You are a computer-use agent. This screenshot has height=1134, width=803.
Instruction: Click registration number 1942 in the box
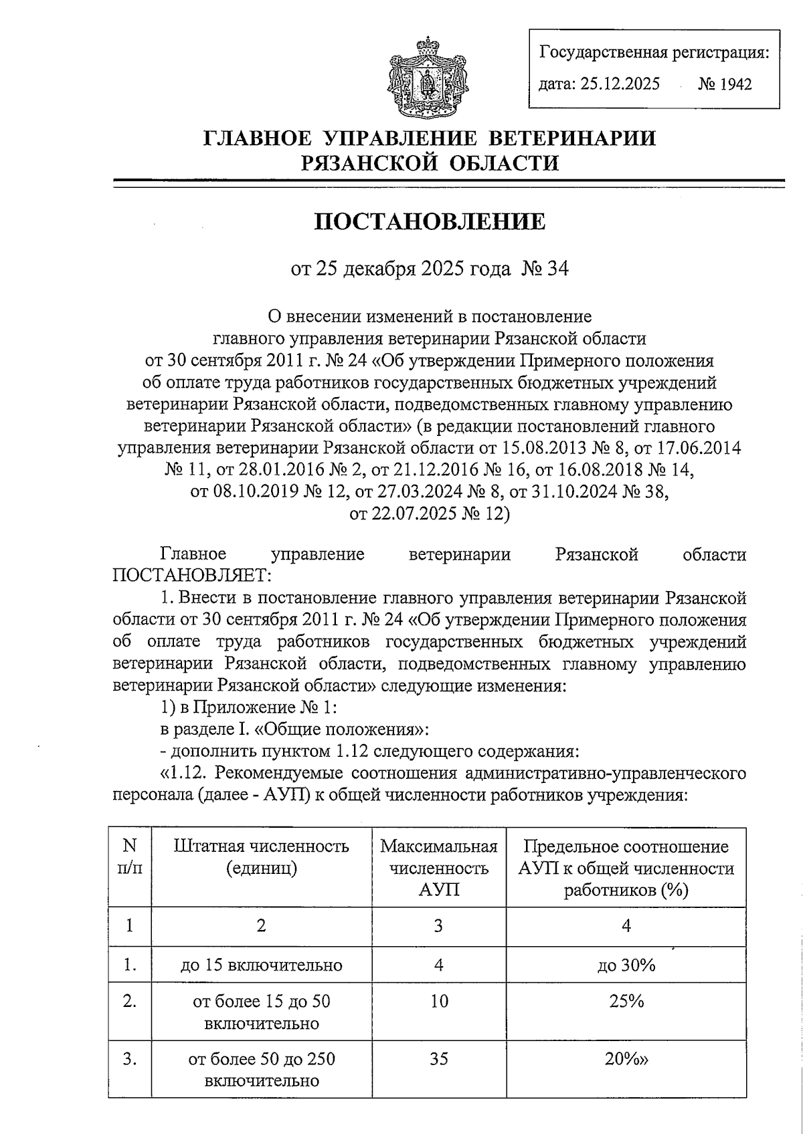click(725, 84)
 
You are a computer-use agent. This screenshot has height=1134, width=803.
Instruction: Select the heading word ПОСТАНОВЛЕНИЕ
click(430, 221)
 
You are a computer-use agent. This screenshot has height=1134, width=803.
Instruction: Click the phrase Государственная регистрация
click(654, 52)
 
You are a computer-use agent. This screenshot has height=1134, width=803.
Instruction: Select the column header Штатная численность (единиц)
click(262, 857)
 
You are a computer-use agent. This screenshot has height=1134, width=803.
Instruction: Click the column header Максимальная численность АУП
click(439, 868)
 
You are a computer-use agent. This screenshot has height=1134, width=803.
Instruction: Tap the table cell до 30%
click(626, 965)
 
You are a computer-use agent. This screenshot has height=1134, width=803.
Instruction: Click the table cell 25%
click(626, 1001)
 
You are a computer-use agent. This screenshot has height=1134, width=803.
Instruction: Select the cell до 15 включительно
click(262, 965)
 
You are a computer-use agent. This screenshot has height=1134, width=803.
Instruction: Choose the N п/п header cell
click(130, 857)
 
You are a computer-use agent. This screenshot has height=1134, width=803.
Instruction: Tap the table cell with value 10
click(439, 1001)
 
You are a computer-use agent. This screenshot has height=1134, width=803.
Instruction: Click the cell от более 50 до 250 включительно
click(262, 1070)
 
